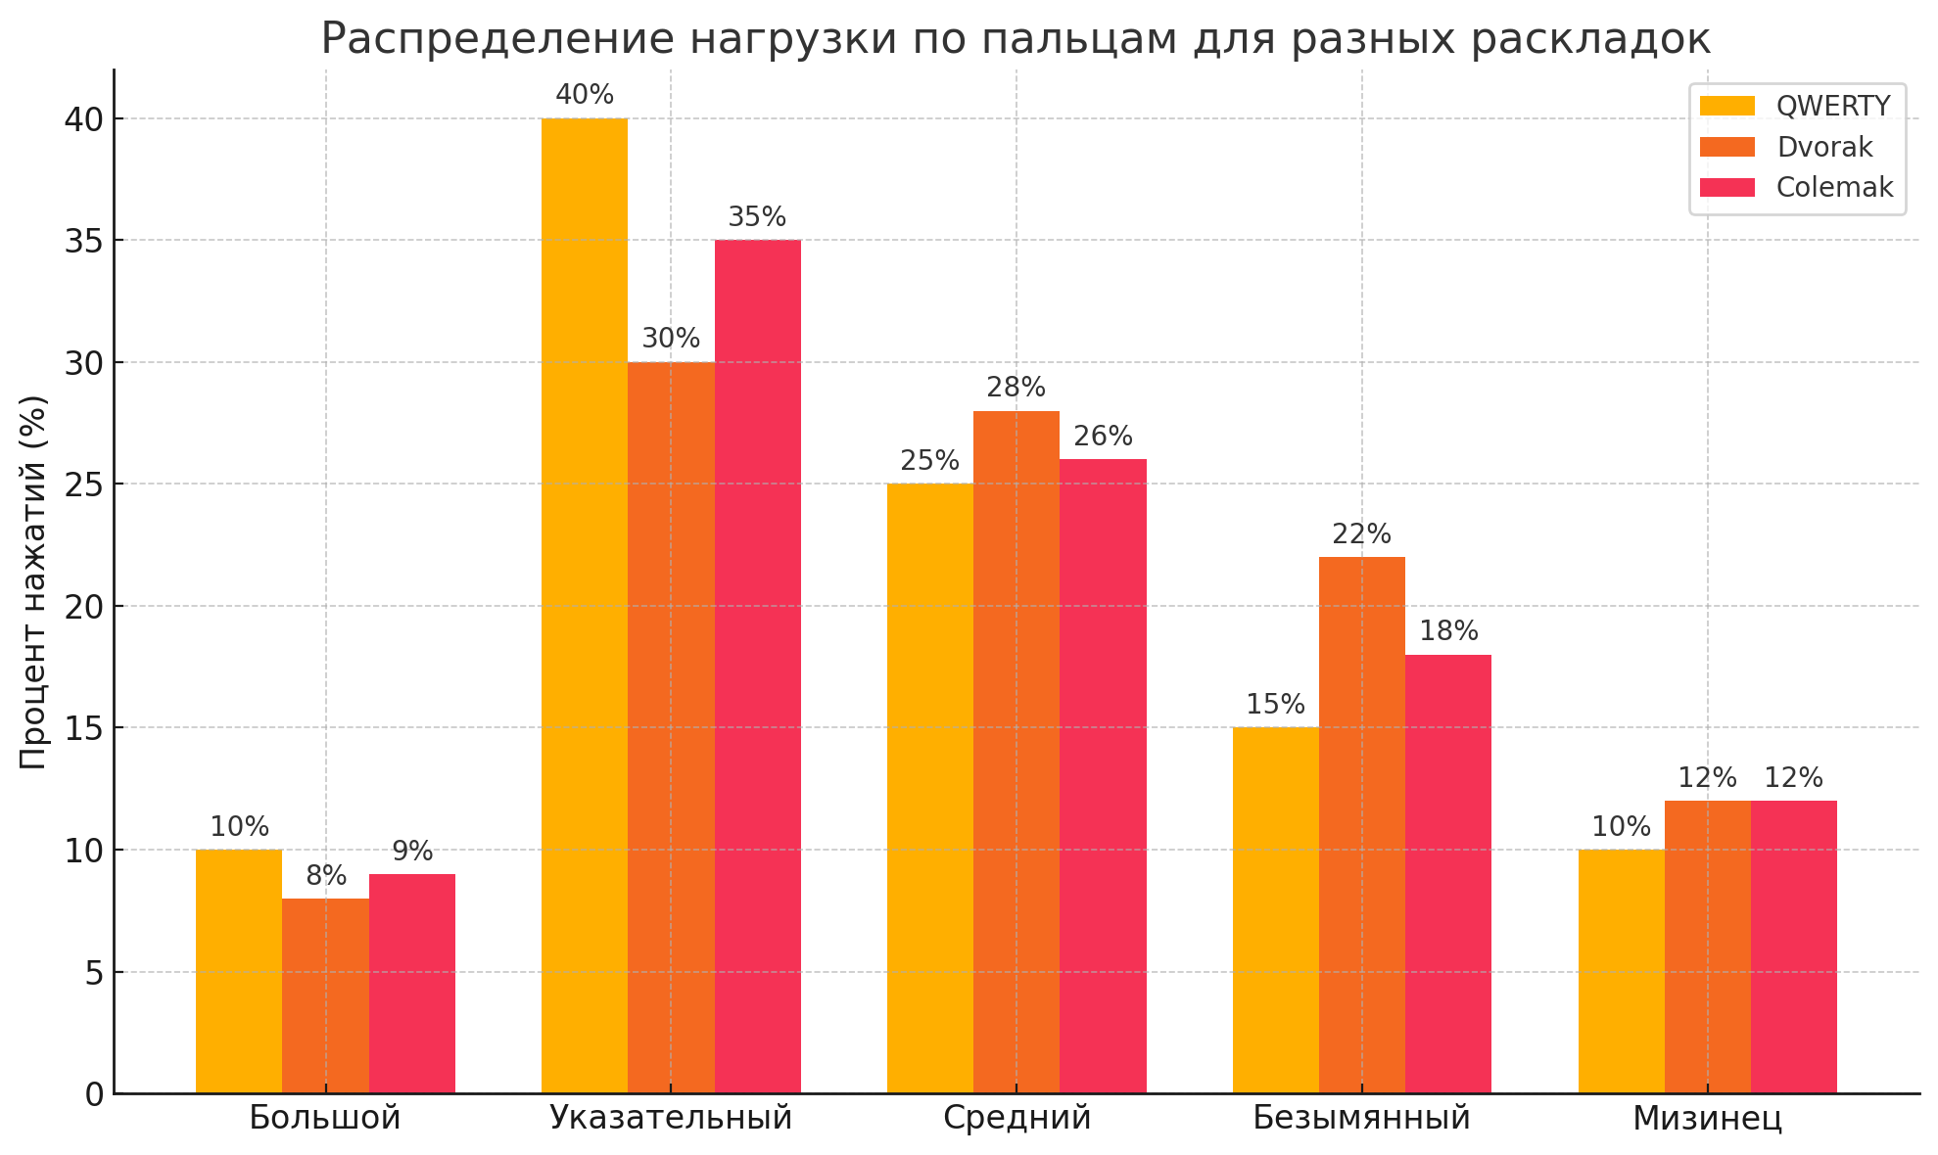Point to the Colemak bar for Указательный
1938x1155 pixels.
click(x=757, y=666)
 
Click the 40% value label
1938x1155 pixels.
click(x=585, y=95)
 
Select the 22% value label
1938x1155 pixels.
click(x=1361, y=534)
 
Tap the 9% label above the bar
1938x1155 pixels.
click(x=412, y=852)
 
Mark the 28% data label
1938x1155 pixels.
click(x=1016, y=388)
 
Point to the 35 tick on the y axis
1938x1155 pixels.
click(x=85, y=241)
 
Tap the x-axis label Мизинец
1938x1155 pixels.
click(x=1707, y=1118)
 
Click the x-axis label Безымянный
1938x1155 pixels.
click(x=1361, y=1118)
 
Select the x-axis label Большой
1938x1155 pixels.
click(x=325, y=1118)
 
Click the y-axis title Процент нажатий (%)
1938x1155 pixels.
click(x=33, y=581)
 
